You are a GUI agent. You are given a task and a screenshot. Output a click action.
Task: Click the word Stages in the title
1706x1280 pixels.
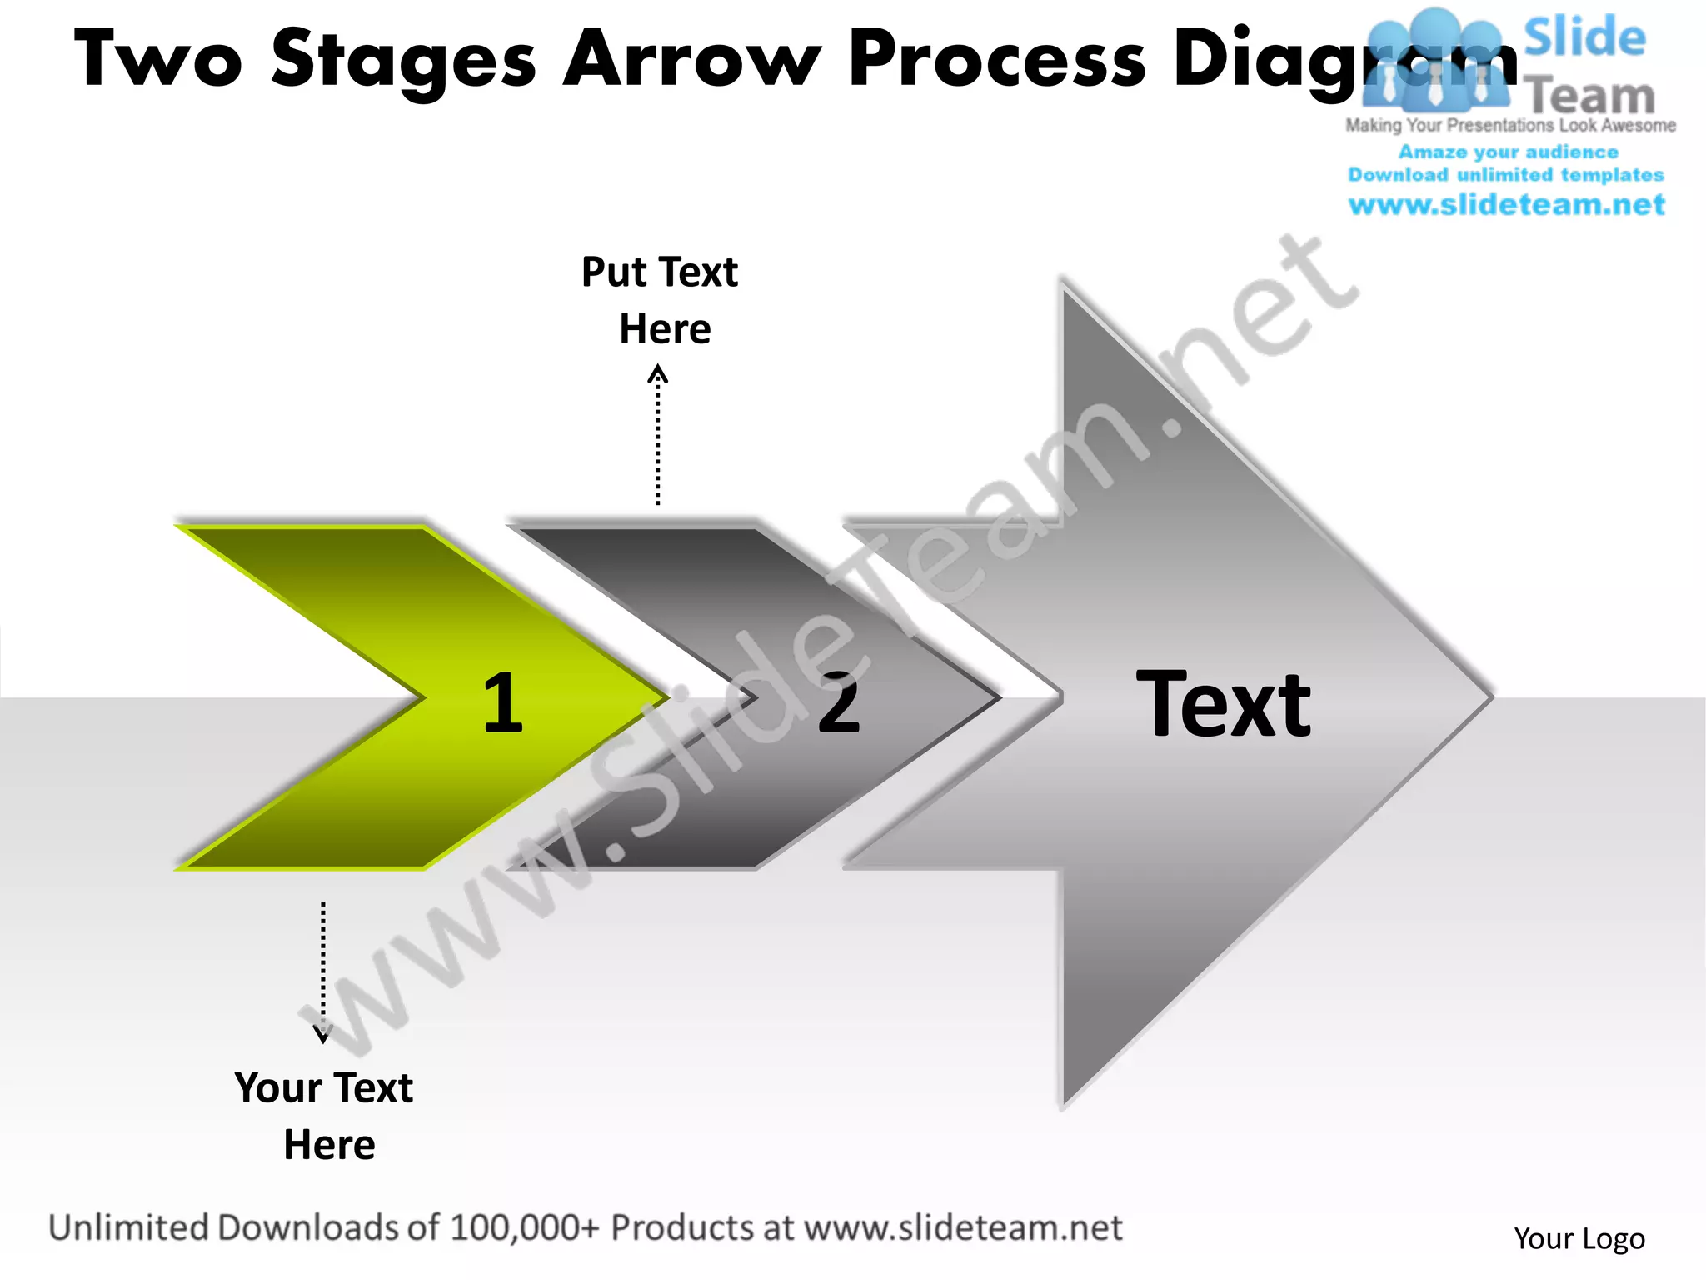pos(404,60)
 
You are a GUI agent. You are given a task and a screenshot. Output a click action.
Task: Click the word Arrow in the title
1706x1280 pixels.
pos(692,60)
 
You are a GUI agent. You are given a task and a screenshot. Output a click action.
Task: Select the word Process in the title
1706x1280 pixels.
pos(998,60)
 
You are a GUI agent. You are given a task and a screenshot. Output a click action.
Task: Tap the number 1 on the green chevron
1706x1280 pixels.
pos(502,702)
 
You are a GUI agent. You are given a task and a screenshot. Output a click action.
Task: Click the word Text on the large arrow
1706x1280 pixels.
pos(1223,705)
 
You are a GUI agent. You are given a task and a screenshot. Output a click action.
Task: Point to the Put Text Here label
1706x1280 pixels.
pos(661,300)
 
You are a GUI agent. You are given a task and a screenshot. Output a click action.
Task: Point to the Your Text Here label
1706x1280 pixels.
pos(325,1116)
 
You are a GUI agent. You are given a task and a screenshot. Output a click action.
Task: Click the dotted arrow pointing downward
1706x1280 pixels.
pos(323,972)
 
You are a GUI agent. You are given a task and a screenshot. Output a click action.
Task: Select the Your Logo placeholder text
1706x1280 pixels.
pos(1579,1239)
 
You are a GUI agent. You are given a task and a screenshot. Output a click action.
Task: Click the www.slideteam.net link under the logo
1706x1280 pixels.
pos(1506,205)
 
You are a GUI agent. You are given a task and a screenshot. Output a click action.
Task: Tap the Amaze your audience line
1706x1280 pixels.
pos(1508,152)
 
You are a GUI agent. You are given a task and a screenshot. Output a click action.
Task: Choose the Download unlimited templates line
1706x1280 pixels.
pos(1506,175)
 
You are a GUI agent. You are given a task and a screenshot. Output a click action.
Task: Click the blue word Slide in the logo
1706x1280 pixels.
pos(1584,38)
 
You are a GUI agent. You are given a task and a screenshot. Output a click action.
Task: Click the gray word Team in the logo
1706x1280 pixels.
pos(1591,97)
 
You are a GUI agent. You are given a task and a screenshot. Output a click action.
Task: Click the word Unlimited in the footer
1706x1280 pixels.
pos(128,1228)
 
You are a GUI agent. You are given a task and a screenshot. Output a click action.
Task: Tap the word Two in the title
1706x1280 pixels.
pos(158,60)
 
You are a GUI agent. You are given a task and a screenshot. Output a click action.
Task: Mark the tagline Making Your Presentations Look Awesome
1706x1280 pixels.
pos(1510,126)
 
